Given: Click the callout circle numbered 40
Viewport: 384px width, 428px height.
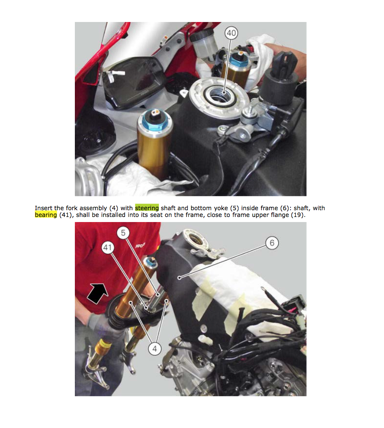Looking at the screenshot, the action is (231, 33).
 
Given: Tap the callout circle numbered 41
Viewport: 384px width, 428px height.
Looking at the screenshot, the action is (107, 247).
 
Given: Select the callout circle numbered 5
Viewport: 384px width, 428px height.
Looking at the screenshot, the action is (123, 233).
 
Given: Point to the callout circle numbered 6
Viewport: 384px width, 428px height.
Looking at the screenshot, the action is (272, 243).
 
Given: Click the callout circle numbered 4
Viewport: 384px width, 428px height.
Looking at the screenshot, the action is (155, 348).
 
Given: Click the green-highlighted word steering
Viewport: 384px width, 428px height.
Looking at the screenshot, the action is (147, 208).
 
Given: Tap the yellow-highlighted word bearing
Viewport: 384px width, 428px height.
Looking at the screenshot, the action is (46, 215).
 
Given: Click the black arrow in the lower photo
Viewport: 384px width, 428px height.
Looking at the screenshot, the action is (97, 293).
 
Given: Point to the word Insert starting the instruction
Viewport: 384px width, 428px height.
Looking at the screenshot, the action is (44, 208).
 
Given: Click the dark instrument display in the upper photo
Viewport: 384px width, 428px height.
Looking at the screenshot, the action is (132, 82).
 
